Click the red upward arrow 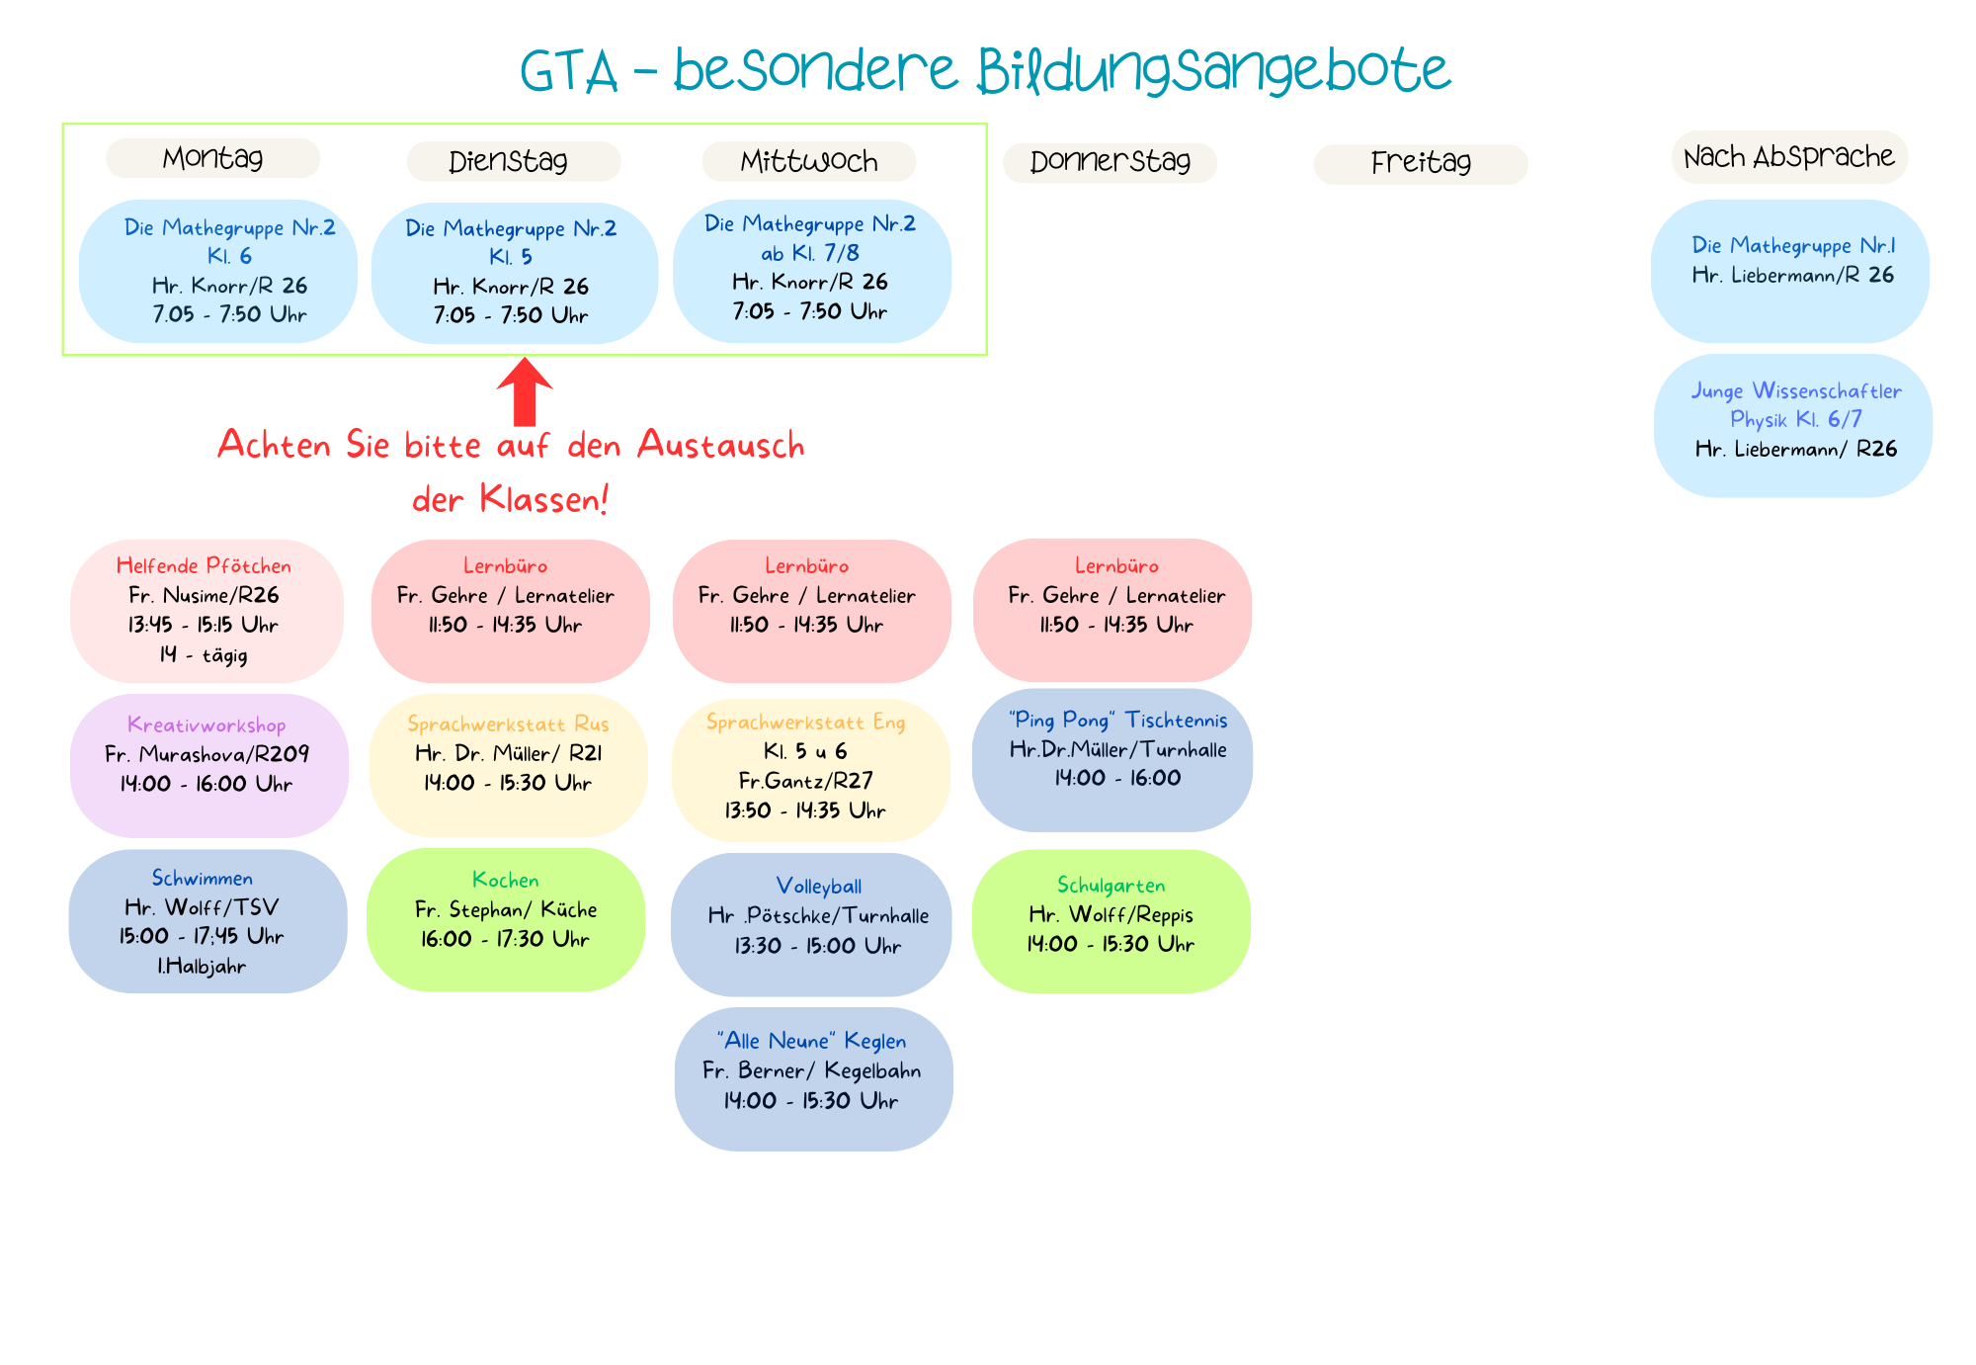(525, 391)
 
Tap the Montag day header (212, 158)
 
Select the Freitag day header (1420, 163)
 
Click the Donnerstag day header (1110, 162)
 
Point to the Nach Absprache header (1788, 157)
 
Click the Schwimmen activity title (203, 878)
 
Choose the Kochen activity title (505, 880)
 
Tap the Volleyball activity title (818, 887)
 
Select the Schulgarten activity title (1111, 886)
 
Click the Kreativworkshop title (206, 725)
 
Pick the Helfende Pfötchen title (204, 566)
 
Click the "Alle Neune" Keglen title (811, 1041)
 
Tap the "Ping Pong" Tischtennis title (1117, 721)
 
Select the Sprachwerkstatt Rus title (508, 725)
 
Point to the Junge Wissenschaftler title (1795, 391)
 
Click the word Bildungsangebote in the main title (1213, 71)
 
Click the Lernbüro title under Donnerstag (1116, 566)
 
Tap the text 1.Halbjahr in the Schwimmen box (202, 967)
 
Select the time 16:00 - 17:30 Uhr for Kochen (505, 939)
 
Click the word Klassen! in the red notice (543, 499)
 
